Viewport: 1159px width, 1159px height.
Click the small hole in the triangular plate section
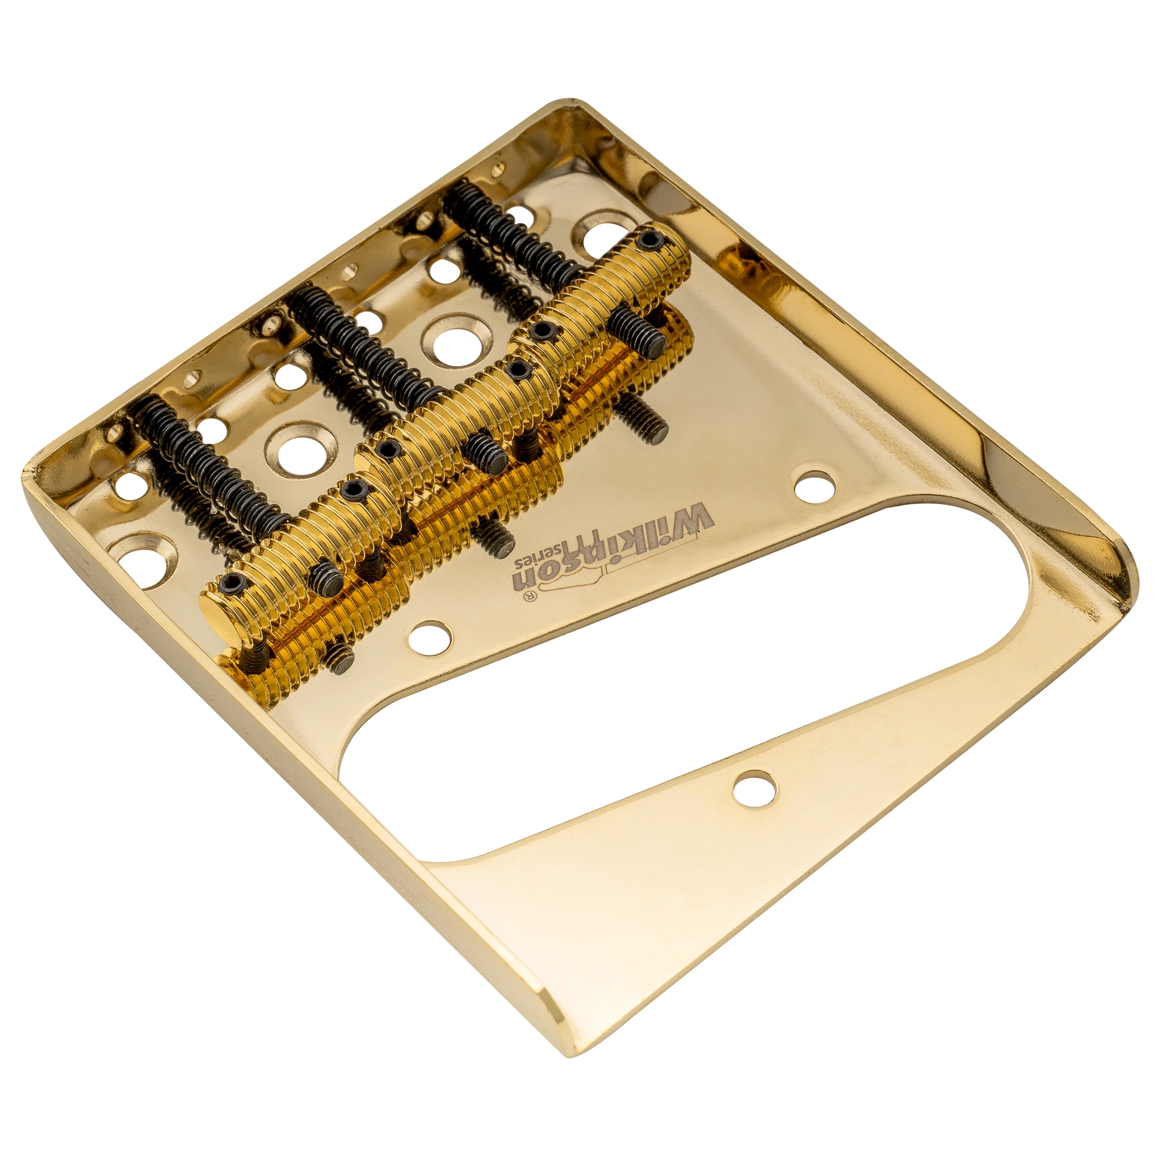[x=755, y=788]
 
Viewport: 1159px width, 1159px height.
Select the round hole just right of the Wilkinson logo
[x=814, y=487]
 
